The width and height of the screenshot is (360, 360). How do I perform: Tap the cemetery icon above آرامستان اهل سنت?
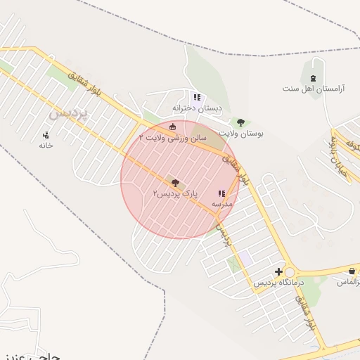pos(313,77)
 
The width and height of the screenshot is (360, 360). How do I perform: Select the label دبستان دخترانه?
pos(198,108)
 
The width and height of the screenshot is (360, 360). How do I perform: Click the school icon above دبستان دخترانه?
pos(197,97)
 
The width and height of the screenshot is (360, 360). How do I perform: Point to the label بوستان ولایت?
pos(241,132)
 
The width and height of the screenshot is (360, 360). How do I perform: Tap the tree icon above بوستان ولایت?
pos(240,122)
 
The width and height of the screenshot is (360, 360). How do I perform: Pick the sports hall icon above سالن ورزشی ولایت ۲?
pos(173,127)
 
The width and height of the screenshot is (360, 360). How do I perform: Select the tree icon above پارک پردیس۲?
pos(175,183)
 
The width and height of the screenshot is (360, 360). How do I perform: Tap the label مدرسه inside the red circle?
pos(222,203)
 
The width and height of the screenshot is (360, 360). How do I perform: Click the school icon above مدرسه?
pos(221,193)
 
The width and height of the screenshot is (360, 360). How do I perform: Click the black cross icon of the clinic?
pos(279,271)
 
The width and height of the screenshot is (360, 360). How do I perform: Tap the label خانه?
pos(46,145)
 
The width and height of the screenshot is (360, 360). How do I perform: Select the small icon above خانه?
pos(46,134)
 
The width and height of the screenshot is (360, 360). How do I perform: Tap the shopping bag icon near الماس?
pos(352,271)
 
